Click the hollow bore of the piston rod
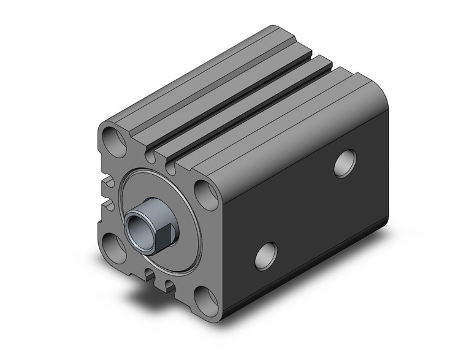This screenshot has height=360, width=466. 134,228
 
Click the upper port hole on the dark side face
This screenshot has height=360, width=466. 346,163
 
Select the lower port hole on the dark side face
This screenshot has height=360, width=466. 265,255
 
